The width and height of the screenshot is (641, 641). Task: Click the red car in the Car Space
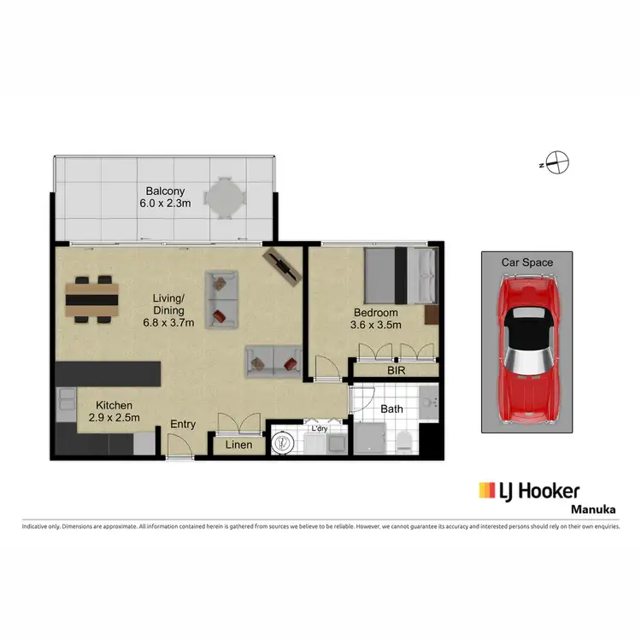pyautogui.click(x=527, y=350)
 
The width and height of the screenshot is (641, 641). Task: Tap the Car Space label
pyautogui.click(x=526, y=263)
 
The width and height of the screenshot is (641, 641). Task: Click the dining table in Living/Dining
pyautogui.click(x=91, y=299)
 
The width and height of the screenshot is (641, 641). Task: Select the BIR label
pyautogui.click(x=395, y=371)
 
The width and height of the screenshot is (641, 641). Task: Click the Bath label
pyautogui.click(x=391, y=409)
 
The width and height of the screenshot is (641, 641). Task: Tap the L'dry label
pyautogui.click(x=319, y=427)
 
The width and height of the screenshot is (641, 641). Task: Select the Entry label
pyautogui.click(x=183, y=424)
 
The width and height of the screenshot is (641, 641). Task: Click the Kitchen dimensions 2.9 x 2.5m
pyautogui.click(x=114, y=418)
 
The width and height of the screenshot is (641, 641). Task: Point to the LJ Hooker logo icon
pyautogui.click(x=487, y=491)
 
